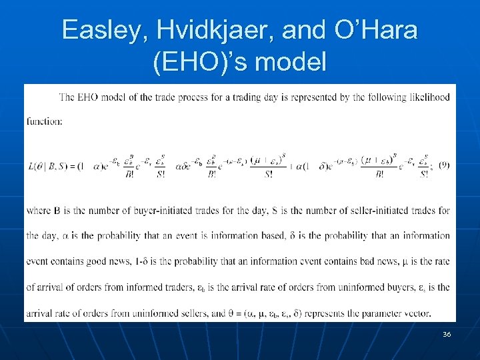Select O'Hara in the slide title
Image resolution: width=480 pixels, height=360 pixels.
(379, 30)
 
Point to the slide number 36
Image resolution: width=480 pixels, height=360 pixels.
(446, 334)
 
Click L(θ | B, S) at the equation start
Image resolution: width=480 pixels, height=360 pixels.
(51, 166)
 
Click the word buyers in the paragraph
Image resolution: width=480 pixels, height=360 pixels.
(393, 287)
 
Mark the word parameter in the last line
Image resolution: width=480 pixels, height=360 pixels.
(377, 313)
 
